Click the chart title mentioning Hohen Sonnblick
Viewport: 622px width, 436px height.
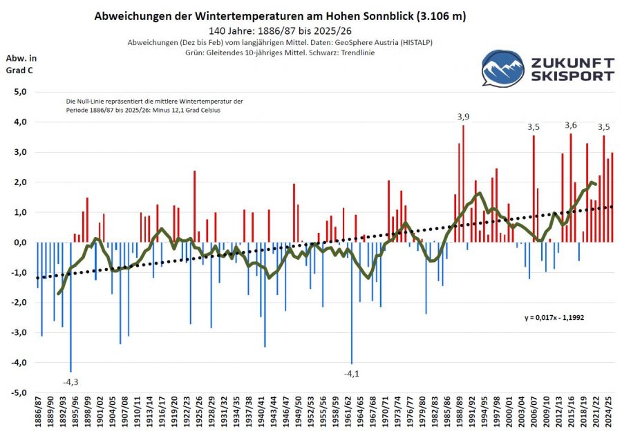(x=284, y=16)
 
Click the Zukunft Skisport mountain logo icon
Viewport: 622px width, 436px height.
(x=502, y=68)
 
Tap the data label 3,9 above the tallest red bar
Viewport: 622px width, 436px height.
(x=463, y=117)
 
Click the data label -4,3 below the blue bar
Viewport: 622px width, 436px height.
(x=70, y=381)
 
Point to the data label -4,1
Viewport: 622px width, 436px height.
(x=352, y=374)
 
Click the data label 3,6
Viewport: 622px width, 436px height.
(x=571, y=125)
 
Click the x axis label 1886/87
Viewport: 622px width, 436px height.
(x=39, y=413)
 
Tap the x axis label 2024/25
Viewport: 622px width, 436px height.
(x=608, y=413)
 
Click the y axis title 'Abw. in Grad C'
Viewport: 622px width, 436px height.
(x=20, y=63)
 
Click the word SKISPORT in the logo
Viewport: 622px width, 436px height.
(x=572, y=76)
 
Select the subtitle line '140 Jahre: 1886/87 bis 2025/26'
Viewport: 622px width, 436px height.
(x=284, y=31)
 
